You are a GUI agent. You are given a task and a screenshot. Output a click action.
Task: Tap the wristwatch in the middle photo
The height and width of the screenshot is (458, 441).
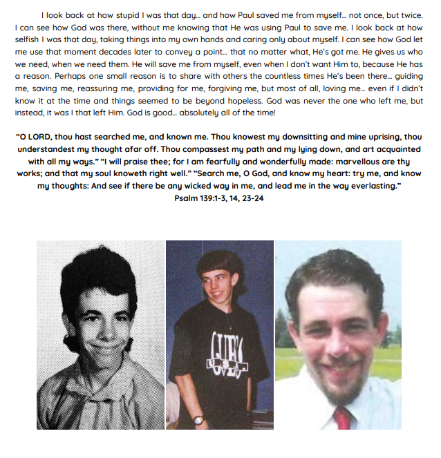click(198, 419)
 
